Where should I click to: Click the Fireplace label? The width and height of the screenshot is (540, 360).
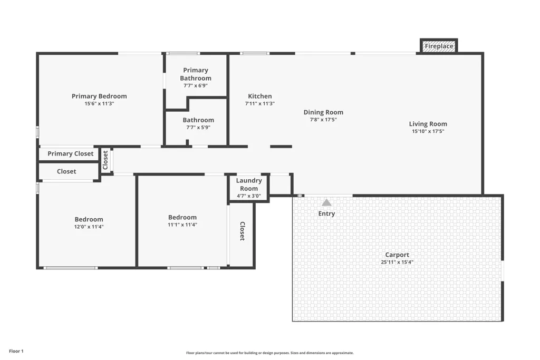pos(439,46)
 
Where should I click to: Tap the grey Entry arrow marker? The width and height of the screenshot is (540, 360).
pos(326,203)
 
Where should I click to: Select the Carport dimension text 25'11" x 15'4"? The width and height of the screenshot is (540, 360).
pos(397,262)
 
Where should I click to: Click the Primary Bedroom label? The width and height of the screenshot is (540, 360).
pos(99,96)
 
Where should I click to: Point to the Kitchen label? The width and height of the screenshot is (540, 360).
pos(260,96)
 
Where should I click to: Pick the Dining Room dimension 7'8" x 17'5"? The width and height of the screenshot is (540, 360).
pos(323,120)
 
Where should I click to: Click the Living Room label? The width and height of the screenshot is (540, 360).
pos(428,124)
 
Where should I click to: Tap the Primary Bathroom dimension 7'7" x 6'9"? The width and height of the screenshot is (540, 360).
pos(196,86)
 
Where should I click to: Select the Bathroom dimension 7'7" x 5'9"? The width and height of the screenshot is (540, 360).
pos(198,128)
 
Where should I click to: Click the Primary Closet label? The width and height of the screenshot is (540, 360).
pos(71,154)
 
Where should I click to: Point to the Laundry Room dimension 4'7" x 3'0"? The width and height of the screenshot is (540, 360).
pos(249,196)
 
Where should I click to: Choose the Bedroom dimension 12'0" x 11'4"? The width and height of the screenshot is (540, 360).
pos(89,227)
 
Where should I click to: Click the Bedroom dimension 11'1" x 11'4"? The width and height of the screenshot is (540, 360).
pos(182,225)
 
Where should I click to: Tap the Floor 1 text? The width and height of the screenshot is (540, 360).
pos(16,352)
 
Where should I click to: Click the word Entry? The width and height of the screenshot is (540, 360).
pos(326,213)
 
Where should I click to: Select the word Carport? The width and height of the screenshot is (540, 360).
pos(397,255)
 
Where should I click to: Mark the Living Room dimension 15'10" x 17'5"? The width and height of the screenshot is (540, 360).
pos(428,131)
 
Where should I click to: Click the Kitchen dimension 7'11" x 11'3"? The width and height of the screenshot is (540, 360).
pos(260,104)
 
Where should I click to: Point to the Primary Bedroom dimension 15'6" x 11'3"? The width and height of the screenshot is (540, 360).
pos(99,104)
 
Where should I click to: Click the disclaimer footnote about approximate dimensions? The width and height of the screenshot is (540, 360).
pos(270,353)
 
